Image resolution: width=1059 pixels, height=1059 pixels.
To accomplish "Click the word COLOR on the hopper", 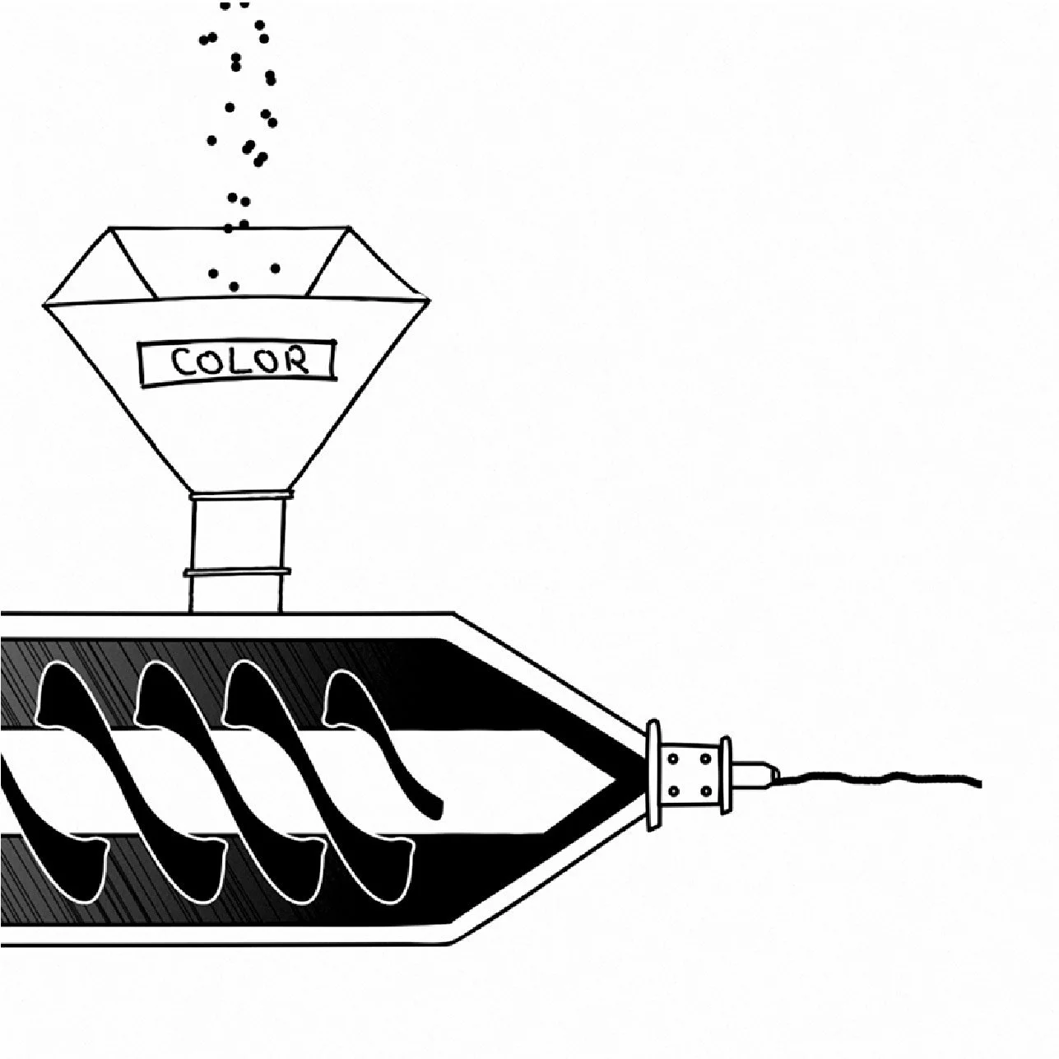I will (239, 361).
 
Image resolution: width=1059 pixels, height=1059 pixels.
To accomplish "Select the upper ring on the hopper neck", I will (239, 496).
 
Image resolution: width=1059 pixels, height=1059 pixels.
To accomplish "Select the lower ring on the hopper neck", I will (238, 571).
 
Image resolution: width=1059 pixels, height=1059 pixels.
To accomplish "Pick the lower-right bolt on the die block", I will (707, 791).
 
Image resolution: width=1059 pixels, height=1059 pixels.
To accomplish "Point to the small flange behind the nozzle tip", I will (726, 774).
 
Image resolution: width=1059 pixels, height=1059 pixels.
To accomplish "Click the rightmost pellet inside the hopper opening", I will (275, 268).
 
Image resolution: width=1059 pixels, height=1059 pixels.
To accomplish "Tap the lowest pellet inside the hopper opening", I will (235, 286).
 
